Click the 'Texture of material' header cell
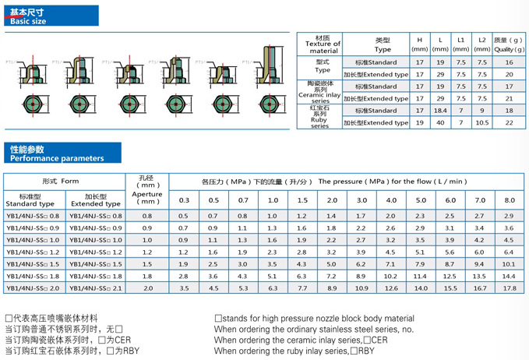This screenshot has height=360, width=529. click(322, 44)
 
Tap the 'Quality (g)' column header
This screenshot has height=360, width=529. click(510, 44)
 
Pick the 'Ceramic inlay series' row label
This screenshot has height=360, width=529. click(322, 92)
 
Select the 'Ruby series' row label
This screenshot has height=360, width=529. click(322, 117)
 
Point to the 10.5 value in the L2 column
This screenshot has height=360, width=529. click(481, 122)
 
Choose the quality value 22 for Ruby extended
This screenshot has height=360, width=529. click(510, 122)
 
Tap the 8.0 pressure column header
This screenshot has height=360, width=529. click(510, 201)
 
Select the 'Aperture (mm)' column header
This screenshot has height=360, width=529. click(147, 193)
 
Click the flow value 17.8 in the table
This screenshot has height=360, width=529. click(510, 288)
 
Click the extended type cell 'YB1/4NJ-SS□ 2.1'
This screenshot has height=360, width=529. click(97, 288)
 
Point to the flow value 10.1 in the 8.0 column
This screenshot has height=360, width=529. click(510, 264)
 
